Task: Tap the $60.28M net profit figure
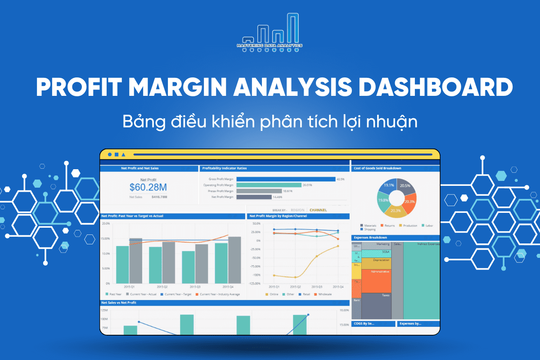[148, 187]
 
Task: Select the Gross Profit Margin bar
[285, 179]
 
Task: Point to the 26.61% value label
[307, 185]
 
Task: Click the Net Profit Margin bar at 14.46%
[253, 197]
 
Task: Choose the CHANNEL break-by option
[318, 210]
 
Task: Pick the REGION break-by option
[297, 210]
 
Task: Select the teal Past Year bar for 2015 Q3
[189, 267]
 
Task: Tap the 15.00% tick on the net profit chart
[106, 238]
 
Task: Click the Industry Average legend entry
[220, 294]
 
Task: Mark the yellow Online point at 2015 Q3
[317, 256]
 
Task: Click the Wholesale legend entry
[324, 294]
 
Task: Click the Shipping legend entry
[370, 229]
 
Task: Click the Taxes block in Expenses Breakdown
[376, 306]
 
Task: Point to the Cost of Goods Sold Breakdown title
[378, 168]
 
